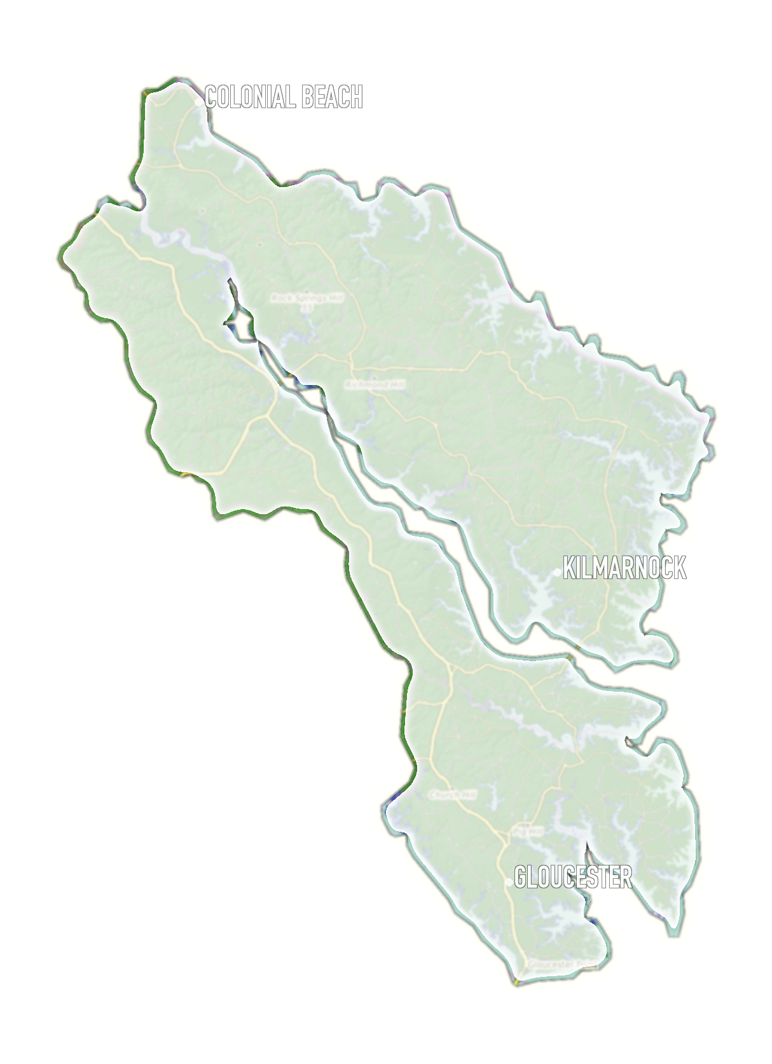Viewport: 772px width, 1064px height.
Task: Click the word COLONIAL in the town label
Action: coord(251,97)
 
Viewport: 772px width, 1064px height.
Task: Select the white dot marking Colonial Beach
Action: coord(199,102)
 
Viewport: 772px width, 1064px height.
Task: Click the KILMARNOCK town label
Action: coord(624,568)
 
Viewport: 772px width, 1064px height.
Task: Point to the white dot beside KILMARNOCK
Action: coord(558,573)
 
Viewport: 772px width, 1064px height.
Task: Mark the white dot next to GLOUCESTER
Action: coord(509,882)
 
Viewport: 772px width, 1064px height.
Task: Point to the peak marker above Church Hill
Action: coord(453,788)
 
